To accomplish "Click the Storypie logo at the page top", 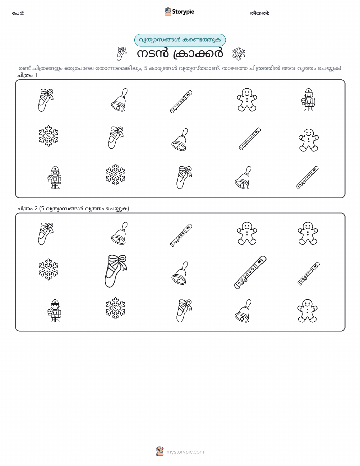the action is pyautogui.click(x=179, y=12).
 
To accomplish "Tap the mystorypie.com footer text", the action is pyautogui.click(x=185, y=452).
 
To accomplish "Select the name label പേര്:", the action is pyautogui.click(x=18, y=13).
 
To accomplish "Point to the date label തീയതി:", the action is pyautogui.click(x=259, y=13).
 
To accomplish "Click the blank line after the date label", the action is pyautogui.click(x=317, y=17).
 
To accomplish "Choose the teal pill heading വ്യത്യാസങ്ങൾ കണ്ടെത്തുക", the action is pyautogui.click(x=180, y=40).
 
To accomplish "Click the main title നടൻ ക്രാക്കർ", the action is pyautogui.click(x=180, y=54).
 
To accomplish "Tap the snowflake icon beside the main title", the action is pyautogui.click(x=238, y=54).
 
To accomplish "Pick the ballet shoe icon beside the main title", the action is pyautogui.click(x=121, y=53).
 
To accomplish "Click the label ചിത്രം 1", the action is pyautogui.click(x=27, y=75).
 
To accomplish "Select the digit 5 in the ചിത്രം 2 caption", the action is pyautogui.click(x=43, y=208).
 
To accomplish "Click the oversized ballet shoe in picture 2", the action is pyautogui.click(x=116, y=270).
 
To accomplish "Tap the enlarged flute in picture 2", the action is pyautogui.click(x=250, y=272).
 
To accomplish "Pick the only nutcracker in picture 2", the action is pyautogui.click(x=55, y=311).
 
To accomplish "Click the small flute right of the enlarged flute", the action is pyautogui.click(x=309, y=273).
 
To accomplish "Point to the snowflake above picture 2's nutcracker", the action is pyautogui.click(x=48, y=269).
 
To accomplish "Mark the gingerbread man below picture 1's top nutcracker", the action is pyautogui.click(x=309, y=140).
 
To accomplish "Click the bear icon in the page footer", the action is pyautogui.click(x=160, y=451).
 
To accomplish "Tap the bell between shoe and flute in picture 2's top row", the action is pyautogui.click(x=119, y=233).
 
